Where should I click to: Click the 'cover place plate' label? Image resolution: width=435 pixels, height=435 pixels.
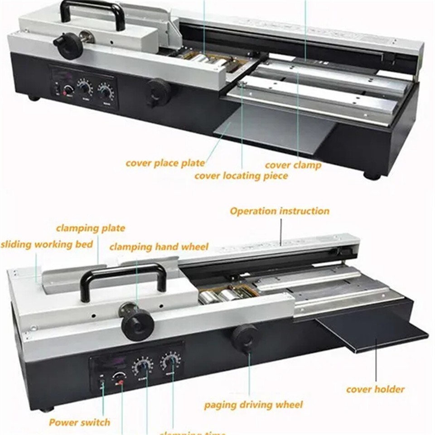coord(165,163)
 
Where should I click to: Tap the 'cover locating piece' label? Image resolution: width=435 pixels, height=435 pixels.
coord(241,176)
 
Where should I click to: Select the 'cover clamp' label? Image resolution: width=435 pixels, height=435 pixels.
coord(293,165)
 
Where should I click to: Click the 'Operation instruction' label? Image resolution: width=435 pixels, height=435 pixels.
coord(280,211)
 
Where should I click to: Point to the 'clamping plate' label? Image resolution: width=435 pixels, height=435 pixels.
coord(91,228)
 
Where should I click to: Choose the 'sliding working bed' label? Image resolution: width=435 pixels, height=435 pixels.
coord(47,245)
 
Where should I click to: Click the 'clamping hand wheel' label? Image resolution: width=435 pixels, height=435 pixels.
coord(159,247)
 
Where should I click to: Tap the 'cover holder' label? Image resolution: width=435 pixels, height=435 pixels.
coord(375,389)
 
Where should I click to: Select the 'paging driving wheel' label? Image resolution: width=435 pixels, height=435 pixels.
coord(253,405)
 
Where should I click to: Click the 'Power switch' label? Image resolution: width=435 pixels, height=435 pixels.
coord(79,422)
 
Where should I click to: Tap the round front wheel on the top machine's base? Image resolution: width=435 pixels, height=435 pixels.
coord(159,92)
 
